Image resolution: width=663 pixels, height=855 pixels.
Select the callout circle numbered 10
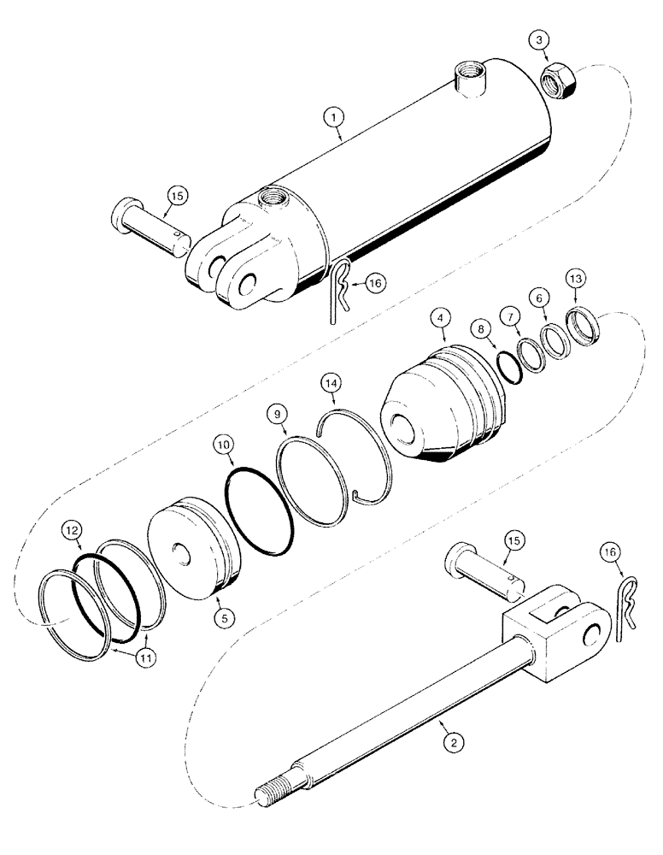(221, 445)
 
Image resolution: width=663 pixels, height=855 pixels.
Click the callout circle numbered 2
(455, 743)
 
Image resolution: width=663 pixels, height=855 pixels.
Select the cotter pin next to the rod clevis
(627, 609)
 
